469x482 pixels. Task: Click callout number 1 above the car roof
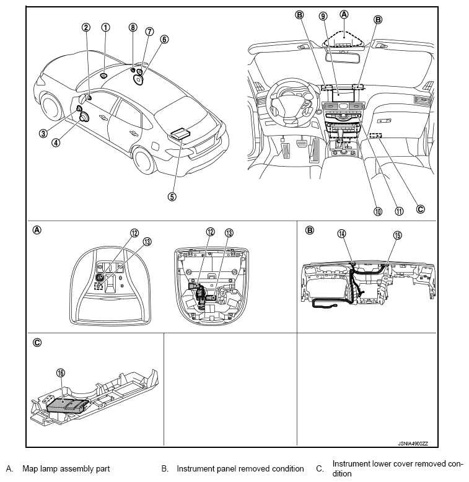tap(106, 27)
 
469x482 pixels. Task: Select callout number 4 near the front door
tap(56, 142)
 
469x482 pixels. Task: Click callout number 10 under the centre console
tap(377, 211)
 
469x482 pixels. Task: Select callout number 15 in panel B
tap(397, 235)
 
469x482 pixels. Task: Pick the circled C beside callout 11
tap(421, 209)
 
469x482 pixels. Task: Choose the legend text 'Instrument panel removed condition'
tap(240, 469)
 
